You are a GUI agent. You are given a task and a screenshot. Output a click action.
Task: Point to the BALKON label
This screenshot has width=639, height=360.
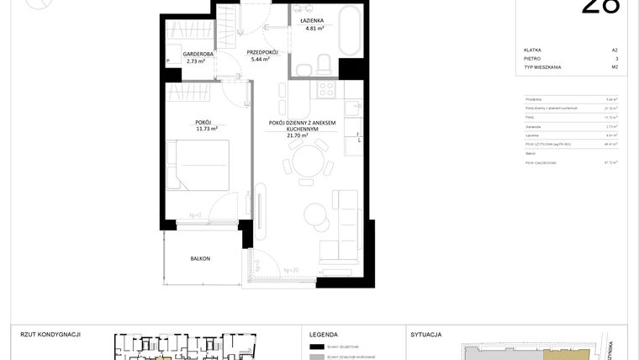[x=199, y=258]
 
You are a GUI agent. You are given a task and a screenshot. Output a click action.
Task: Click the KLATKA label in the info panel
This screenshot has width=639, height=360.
[x=532, y=50]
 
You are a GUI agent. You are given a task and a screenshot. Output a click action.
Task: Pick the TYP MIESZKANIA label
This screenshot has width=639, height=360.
[x=542, y=67]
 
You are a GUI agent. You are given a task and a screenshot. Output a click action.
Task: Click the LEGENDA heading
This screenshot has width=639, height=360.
[x=323, y=334]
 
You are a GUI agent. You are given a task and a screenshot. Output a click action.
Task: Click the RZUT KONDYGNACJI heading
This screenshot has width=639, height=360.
[x=50, y=334]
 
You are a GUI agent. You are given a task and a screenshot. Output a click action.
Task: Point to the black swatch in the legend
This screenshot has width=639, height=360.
[x=317, y=347]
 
